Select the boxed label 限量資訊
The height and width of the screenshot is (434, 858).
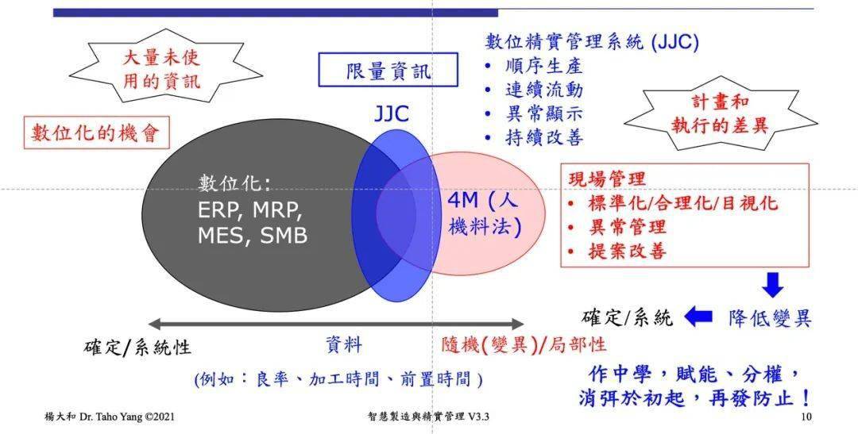(x=388, y=70)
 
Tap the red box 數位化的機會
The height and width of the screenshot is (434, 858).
(x=96, y=133)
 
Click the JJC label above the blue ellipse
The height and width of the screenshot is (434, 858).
(x=392, y=113)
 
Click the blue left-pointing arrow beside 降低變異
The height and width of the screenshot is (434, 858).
(x=698, y=316)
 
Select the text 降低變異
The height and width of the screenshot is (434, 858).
(x=769, y=318)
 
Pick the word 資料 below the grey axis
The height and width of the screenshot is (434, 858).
(x=344, y=345)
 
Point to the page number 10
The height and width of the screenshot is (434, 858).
(x=806, y=417)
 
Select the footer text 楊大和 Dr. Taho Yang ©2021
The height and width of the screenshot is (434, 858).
(x=110, y=417)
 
